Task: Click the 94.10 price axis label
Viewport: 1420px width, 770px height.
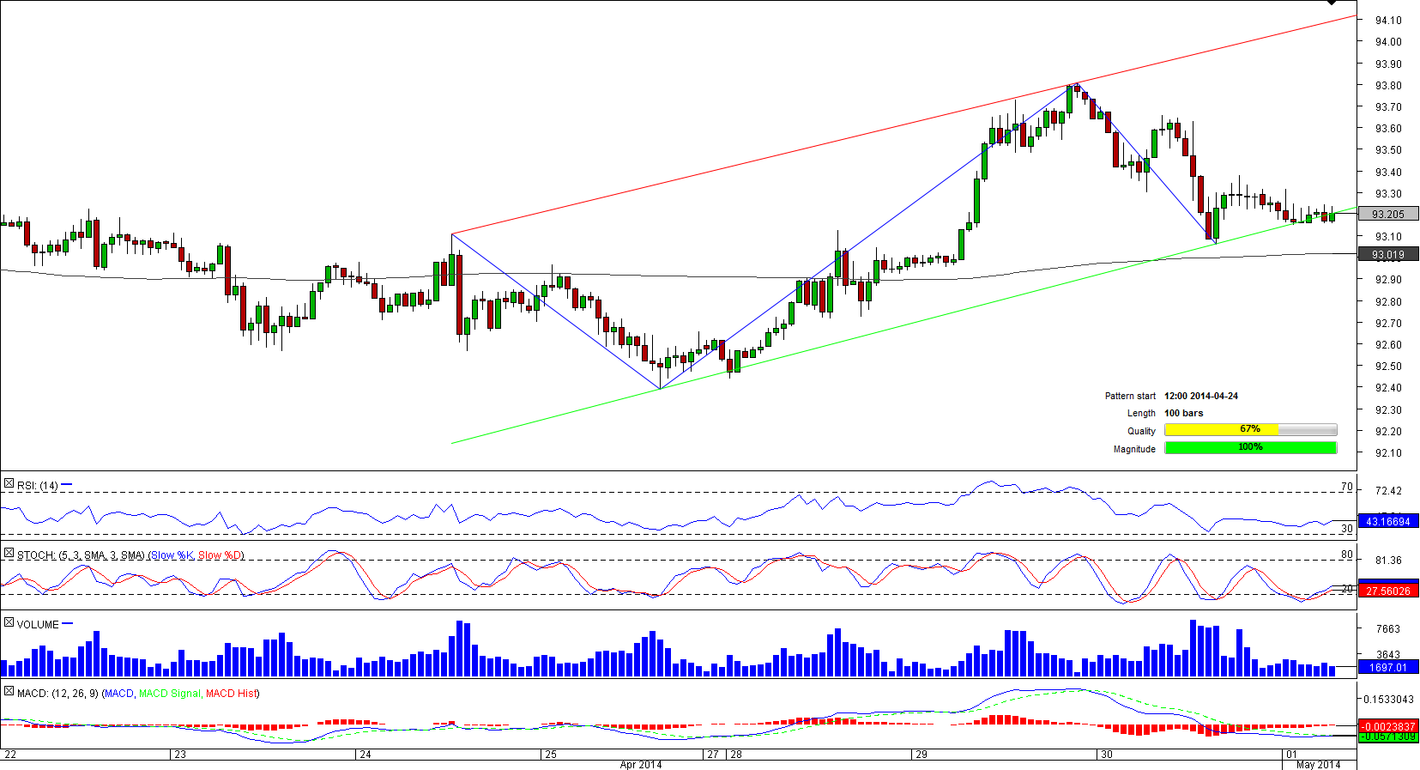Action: (x=1387, y=21)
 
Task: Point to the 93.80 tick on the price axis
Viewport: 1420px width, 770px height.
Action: (x=1387, y=86)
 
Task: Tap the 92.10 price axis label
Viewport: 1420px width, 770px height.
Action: (x=1387, y=453)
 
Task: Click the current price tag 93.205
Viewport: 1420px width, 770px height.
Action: (x=1388, y=215)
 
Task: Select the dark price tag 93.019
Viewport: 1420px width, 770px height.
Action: (x=1388, y=255)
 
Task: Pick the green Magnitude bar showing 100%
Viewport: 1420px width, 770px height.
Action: (x=1250, y=447)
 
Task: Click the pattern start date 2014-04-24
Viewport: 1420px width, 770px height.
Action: (x=1200, y=397)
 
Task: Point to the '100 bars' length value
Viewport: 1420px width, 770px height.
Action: (x=1183, y=414)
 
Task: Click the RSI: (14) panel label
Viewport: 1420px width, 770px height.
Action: (x=37, y=486)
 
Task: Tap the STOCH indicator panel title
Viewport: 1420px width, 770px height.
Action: (x=130, y=555)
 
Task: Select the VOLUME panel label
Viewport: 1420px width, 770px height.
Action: (x=38, y=625)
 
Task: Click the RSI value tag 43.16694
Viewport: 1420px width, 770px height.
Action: (x=1388, y=522)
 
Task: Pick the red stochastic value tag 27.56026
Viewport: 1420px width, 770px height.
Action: (x=1388, y=591)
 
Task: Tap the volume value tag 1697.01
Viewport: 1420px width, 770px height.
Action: (x=1388, y=668)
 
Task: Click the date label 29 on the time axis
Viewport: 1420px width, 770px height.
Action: (x=921, y=755)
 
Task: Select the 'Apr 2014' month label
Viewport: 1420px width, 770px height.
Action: (x=640, y=765)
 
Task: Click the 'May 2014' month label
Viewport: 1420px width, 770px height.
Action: (x=1318, y=765)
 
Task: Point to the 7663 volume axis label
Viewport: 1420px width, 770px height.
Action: (x=1387, y=629)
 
